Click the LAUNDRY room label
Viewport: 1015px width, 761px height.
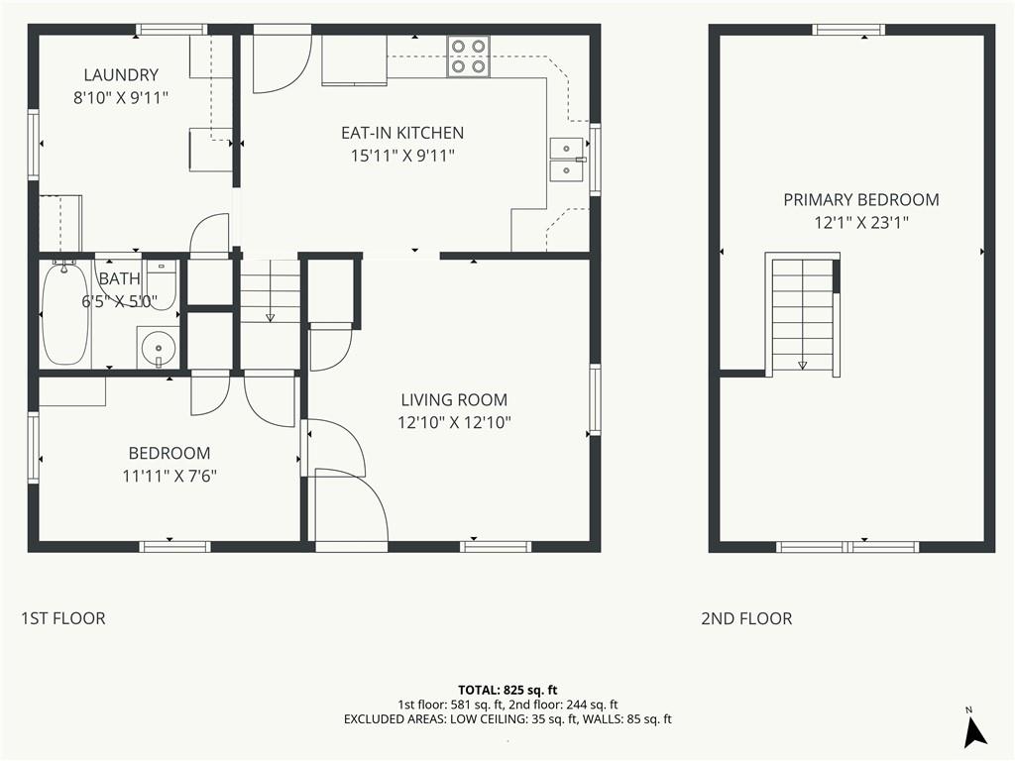[120, 75]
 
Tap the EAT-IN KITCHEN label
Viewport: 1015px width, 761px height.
[402, 133]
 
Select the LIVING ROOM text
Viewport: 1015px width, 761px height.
[454, 400]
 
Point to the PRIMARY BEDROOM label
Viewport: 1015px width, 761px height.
[861, 200]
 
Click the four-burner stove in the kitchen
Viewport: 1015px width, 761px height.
[468, 56]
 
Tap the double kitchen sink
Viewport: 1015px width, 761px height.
[568, 160]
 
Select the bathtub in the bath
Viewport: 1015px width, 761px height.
[64, 313]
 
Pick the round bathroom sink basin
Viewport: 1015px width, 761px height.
[159, 347]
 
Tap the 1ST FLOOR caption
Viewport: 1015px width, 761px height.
[63, 618]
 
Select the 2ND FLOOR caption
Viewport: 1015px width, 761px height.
[746, 618]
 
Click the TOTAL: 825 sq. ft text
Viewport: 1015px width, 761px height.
[507, 690]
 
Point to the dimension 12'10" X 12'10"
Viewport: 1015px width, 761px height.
[454, 422]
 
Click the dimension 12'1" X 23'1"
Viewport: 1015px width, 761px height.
[861, 223]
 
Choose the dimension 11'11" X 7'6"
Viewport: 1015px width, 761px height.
[169, 477]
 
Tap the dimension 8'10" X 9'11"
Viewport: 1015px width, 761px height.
[121, 98]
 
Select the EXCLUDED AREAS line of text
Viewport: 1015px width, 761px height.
[507, 719]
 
